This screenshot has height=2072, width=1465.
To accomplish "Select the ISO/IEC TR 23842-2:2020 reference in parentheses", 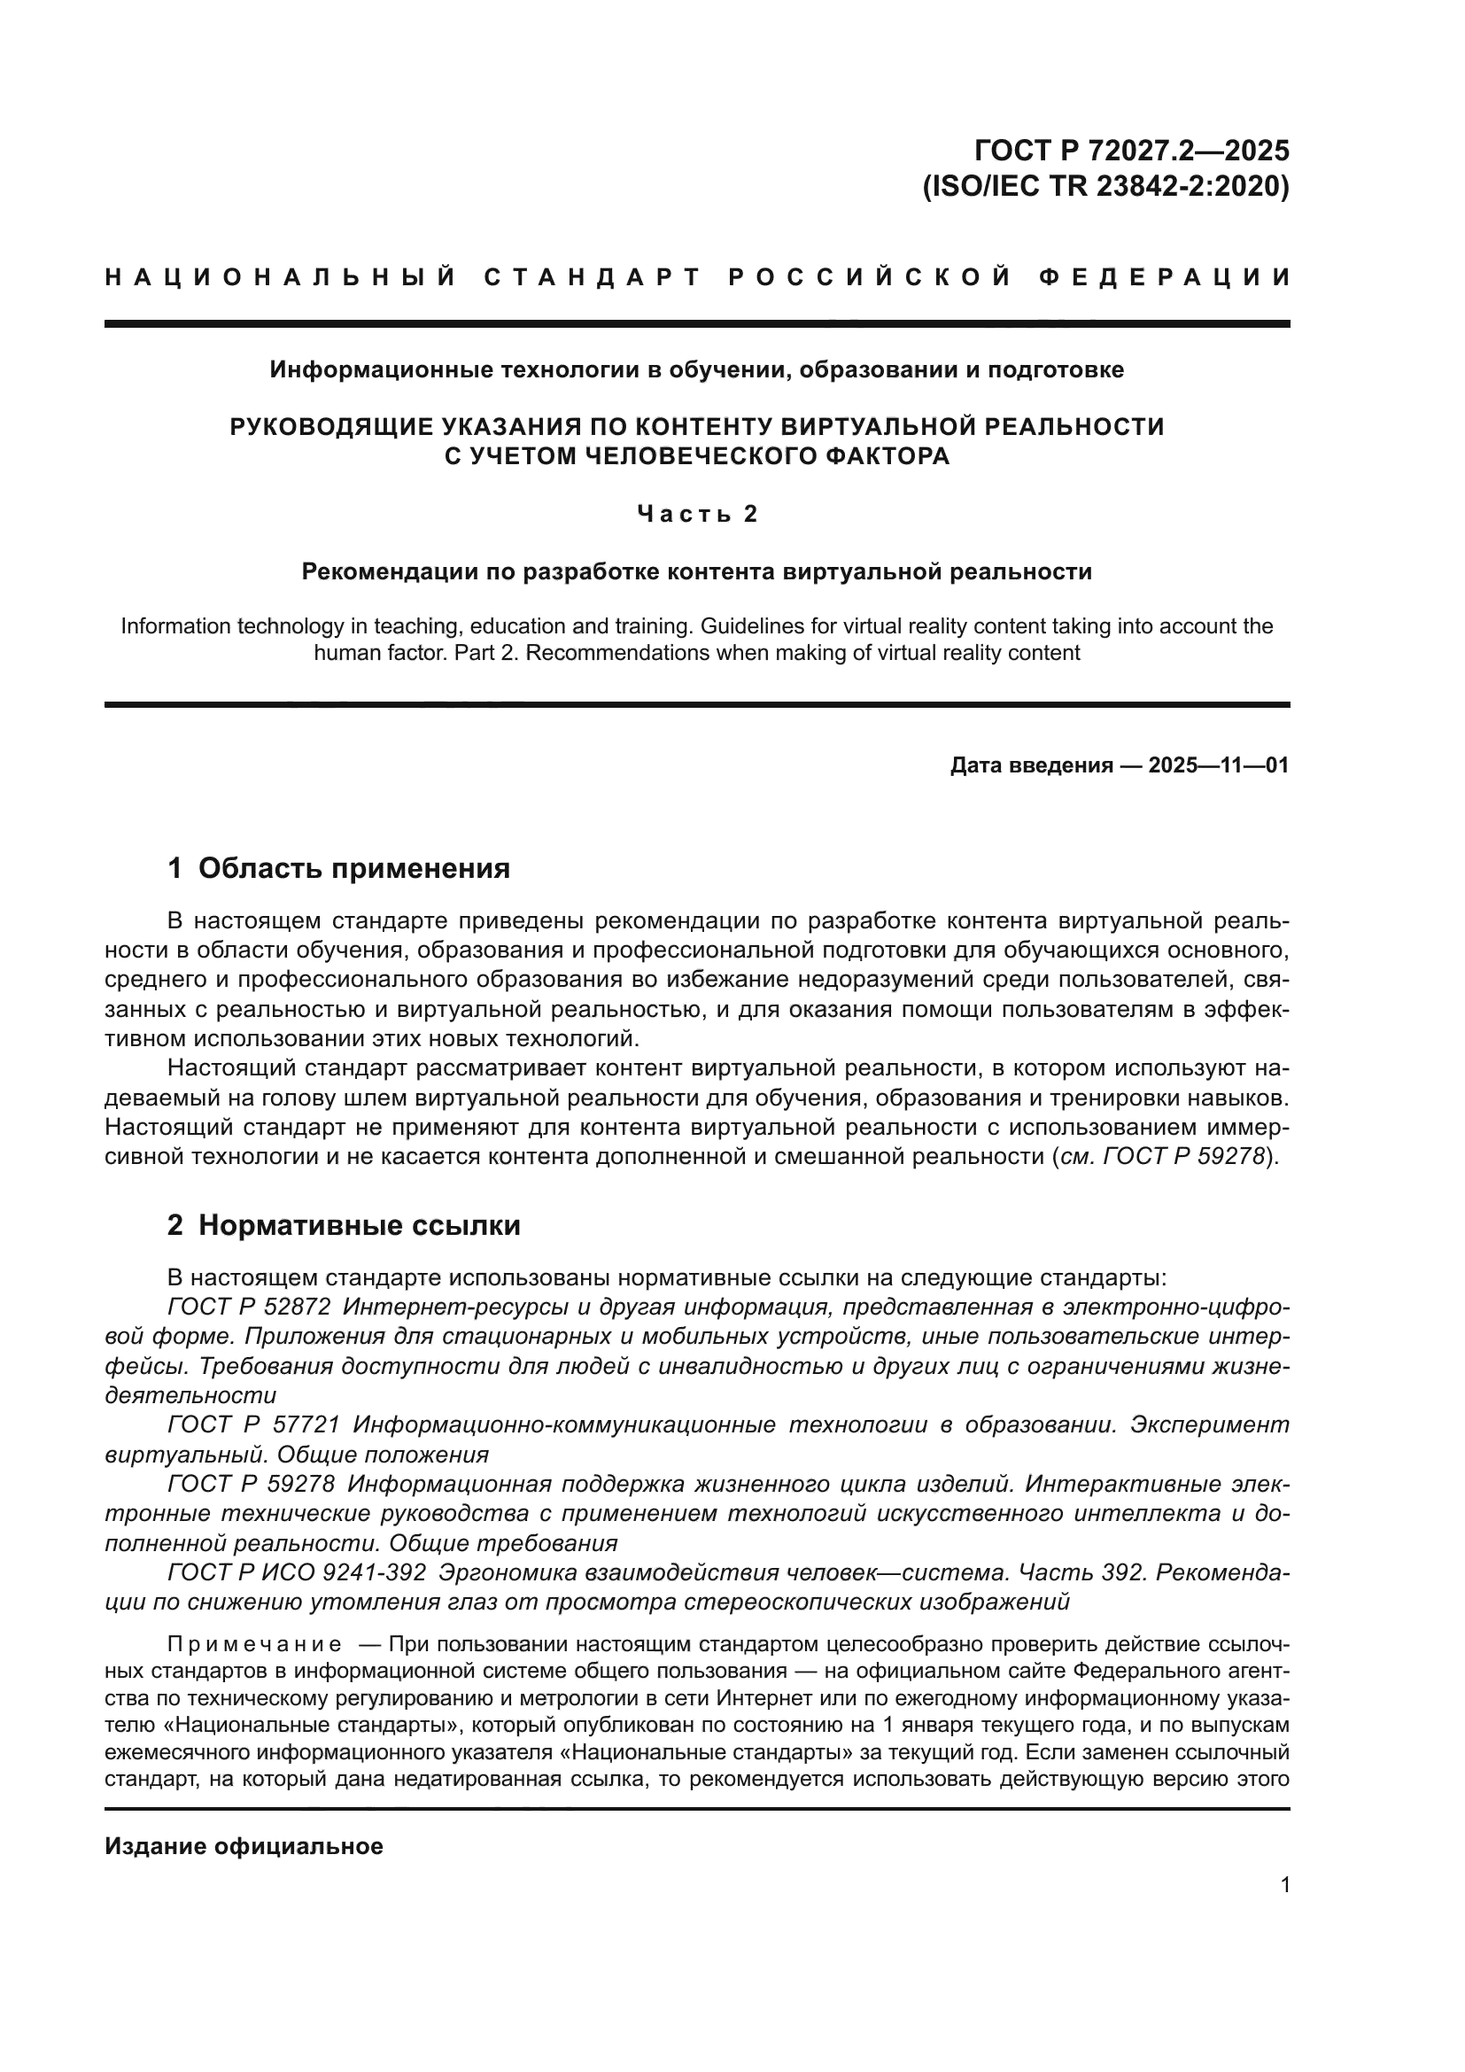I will click(1105, 186).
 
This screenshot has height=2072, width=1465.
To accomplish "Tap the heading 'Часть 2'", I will click(697, 514).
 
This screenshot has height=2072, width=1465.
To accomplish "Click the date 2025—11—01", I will click(1219, 766).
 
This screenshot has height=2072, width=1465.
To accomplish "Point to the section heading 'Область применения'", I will click(353, 868).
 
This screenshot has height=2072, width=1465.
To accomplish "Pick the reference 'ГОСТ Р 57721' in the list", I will click(253, 1425).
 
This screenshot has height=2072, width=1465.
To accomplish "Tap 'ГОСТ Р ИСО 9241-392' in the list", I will click(297, 1572).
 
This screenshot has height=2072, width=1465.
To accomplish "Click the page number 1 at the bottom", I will click(1284, 1885).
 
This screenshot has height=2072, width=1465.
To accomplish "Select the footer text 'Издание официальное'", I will click(244, 1846).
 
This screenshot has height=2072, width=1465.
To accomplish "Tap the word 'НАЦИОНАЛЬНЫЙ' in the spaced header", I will click(281, 277).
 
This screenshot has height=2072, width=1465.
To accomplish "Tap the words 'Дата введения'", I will click(1031, 766).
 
